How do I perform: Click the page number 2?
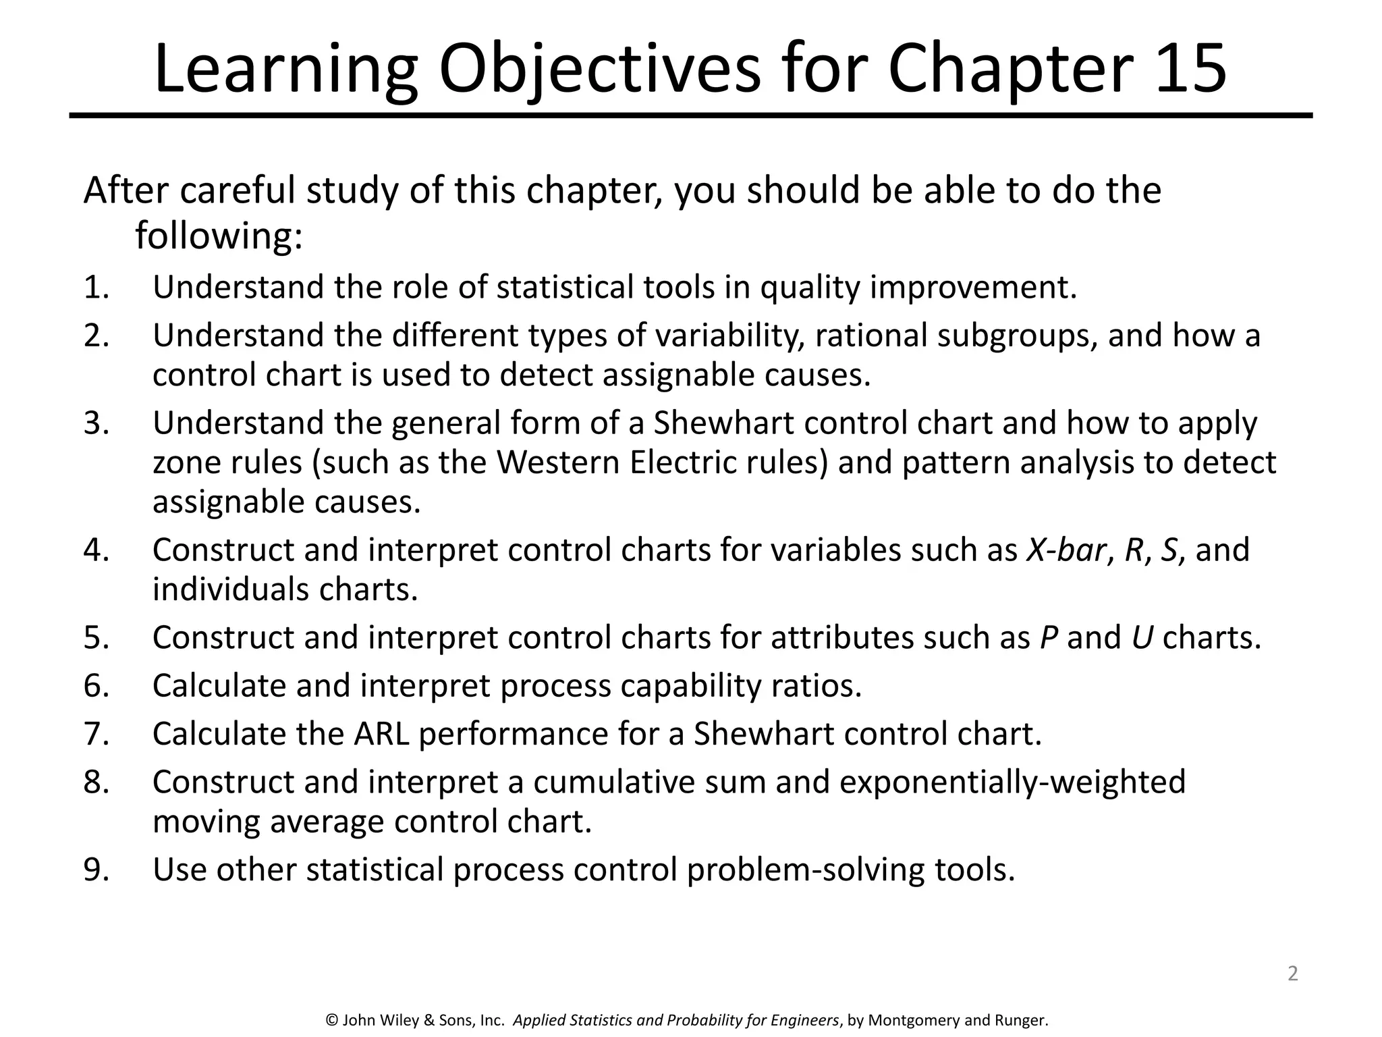click(x=1292, y=973)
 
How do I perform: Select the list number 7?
click(x=96, y=734)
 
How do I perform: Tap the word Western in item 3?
click(x=558, y=462)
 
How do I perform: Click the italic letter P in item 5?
click(x=1048, y=637)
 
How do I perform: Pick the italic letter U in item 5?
click(x=1142, y=637)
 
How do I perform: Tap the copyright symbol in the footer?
click(x=331, y=1020)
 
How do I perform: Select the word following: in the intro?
click(x=219, y=236)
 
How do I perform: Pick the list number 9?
click(x=96, y=870)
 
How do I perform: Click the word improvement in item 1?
click(x=973, y=288)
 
